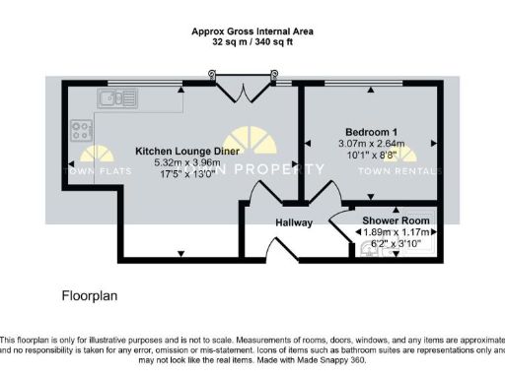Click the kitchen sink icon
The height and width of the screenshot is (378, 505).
click(x=118, y=96)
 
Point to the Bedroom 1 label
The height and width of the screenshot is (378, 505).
click(x=371, y=132)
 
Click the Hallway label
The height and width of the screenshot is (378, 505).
click(x=293, y=222)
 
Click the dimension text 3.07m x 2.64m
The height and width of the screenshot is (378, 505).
click(x=371, y=144)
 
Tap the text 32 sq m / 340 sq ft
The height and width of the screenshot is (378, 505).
click(x=252, y=42)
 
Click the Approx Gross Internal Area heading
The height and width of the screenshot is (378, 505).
click(x=252, y=31)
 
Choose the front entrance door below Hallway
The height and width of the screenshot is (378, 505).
click(x=281, y=252)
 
